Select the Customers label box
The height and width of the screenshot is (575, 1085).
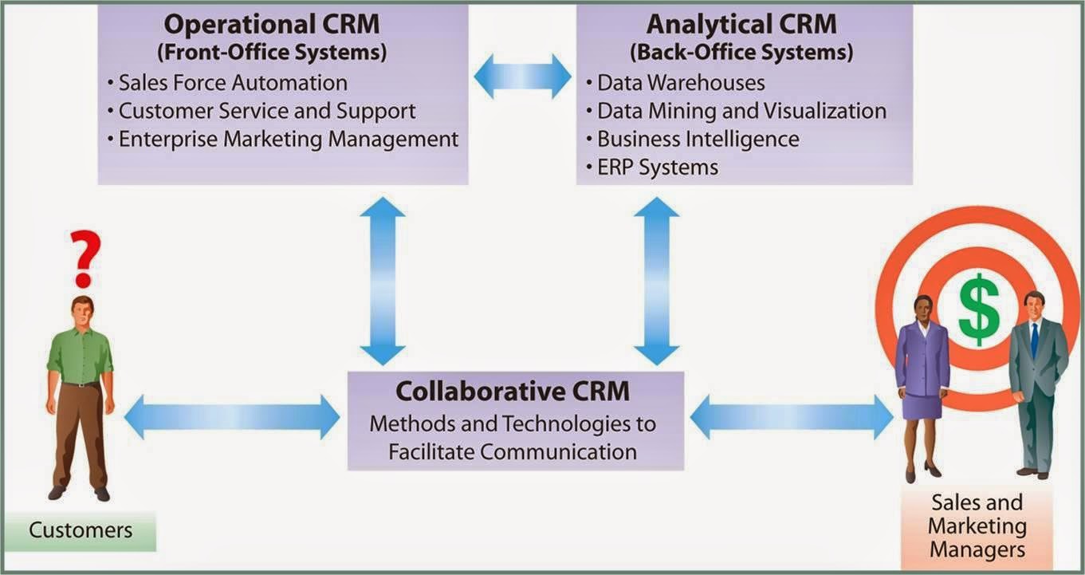tap(81, 530)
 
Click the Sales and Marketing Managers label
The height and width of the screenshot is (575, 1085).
tap(977, 526)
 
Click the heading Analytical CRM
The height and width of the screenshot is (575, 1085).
tap(741, 24)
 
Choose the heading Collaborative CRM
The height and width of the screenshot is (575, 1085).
tap(513, 392)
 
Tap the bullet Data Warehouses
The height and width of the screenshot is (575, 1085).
tap(681, 82)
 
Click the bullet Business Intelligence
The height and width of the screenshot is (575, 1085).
tap(698, 139)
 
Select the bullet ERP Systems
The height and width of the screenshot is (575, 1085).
tap(658, 167)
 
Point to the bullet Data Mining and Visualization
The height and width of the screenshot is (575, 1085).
tap(741, 110)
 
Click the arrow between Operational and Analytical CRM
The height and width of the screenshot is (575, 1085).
tap(522, 77)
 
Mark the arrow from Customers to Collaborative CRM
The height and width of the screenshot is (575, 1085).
tap(232, 417)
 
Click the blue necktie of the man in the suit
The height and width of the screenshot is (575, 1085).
tap(1034, 339)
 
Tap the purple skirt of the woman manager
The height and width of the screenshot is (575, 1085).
tap(922, 404)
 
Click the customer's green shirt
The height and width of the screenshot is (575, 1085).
tap(80, 355)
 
